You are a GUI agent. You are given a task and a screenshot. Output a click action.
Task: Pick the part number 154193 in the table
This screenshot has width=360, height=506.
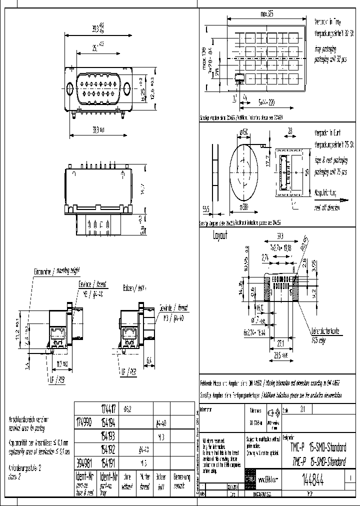(108, 436)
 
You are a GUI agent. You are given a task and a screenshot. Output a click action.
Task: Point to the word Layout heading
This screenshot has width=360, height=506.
(220, 235)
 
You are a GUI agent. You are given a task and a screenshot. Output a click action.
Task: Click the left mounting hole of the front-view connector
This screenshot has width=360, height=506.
(70, 88)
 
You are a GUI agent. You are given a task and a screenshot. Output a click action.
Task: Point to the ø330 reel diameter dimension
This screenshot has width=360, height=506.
(244, 206)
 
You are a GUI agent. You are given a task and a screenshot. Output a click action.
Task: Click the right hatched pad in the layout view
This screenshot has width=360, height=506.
(294, 288)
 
